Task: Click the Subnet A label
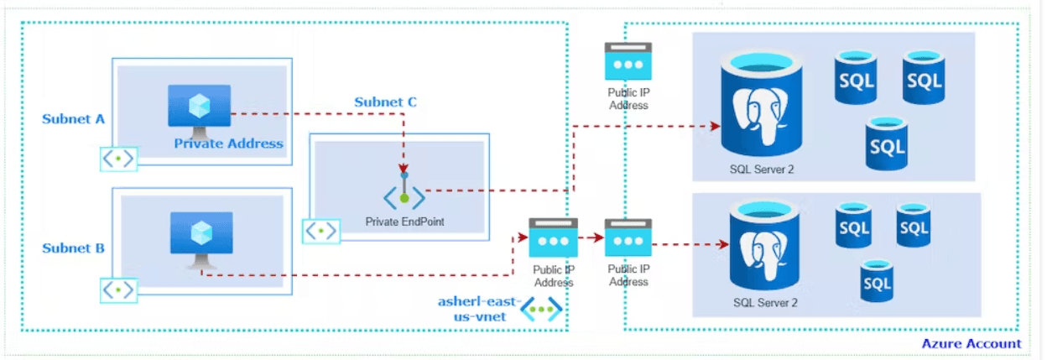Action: (x=74, y=119)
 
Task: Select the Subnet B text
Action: (x=74, y=248)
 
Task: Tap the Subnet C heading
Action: (x=385, y=102)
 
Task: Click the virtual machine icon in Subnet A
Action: (x=199, y=110)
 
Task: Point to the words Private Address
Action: (x=228, y=143)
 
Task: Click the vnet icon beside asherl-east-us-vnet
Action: (x=541, y=310)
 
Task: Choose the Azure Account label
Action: (x=971, y=343)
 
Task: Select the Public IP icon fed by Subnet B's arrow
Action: (x=553, y=239)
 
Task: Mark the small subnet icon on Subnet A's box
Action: (x=118, y=159)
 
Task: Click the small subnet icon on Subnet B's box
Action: (x=118, y=290)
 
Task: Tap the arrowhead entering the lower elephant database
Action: (x=721, y=246)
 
